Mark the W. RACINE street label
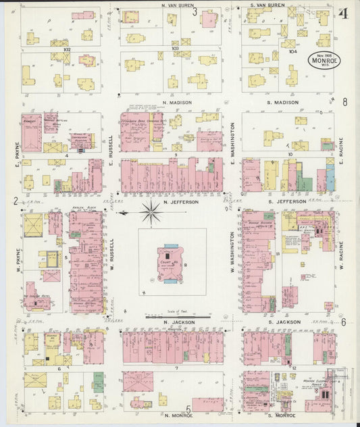pyautogui.click(x=342, y=257)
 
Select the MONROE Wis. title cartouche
pyautogui.click(x=324, y=59)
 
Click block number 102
pyautogui.click(x=66, y=49)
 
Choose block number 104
pyautogui.click(x=292, y=51)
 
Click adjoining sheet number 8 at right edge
pyautogui.click(x=344, y=102)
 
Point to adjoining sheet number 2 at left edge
pyautogui.click(x=14, y=201)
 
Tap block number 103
pyautogui.click(x=175, y=49)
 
